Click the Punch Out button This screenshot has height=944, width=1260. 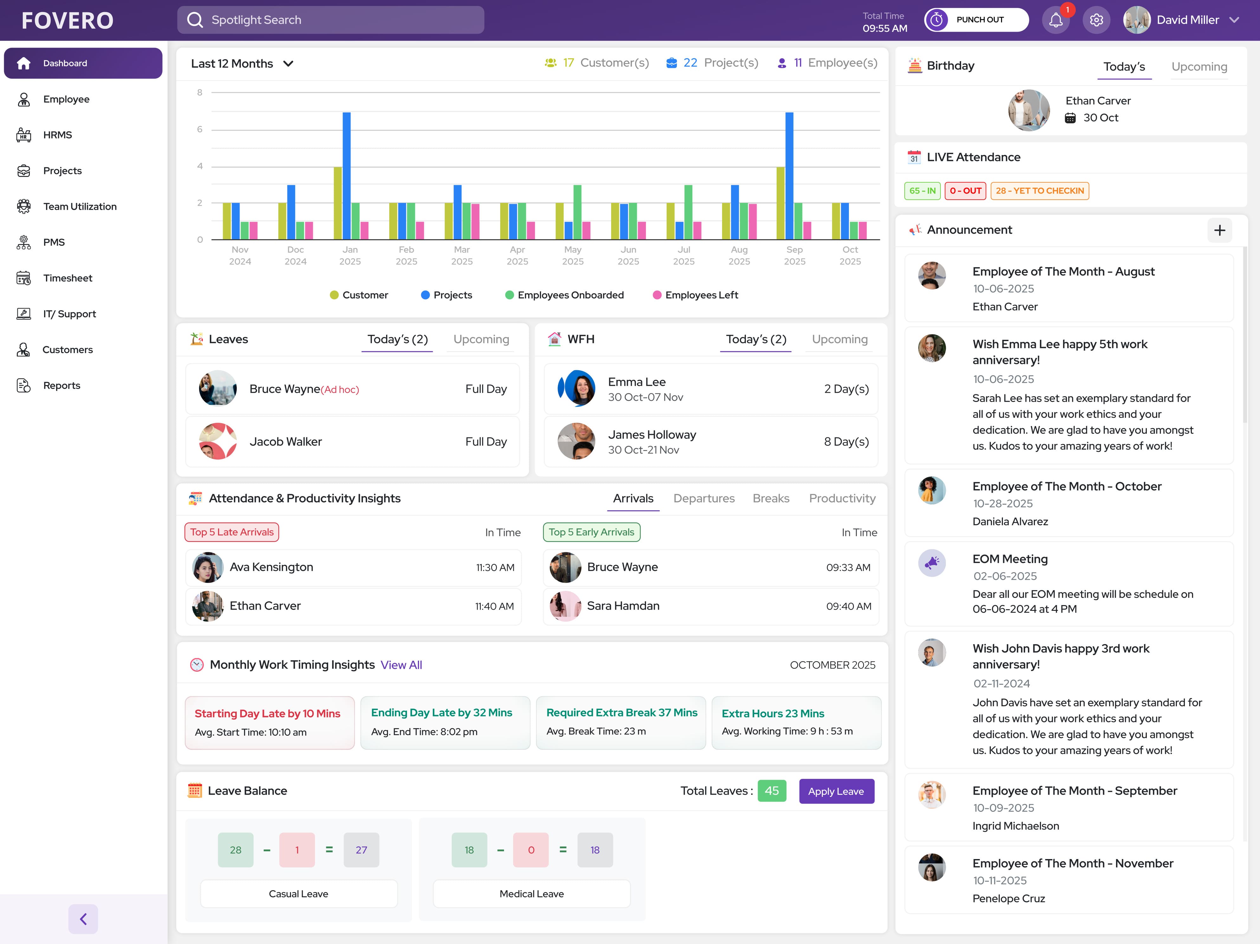(976, 20)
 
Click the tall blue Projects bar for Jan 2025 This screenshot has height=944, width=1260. (346, 176)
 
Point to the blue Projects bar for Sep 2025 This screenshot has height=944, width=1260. (789, 176)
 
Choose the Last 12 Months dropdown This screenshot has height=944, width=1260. (242, 64)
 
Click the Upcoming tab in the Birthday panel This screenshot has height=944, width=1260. (1199, 67)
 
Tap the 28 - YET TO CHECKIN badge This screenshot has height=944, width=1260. (1040, 191)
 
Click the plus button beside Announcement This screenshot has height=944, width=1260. (1219, 230)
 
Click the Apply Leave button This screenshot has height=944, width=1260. (836, 791)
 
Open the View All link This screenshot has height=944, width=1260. (401, 665)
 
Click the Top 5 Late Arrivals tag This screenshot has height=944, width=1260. (232, 532)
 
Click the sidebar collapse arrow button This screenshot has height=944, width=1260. (83, 919)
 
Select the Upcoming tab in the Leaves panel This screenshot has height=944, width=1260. (481, 339)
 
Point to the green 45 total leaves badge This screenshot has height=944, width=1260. (772, 791)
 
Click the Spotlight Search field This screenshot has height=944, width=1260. (330, 20)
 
